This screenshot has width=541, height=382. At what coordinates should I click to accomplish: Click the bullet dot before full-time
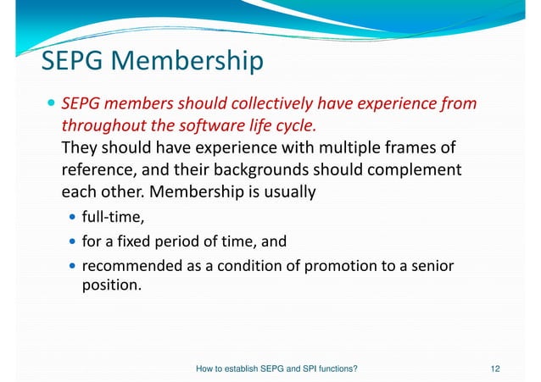click(x=72, y=220)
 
